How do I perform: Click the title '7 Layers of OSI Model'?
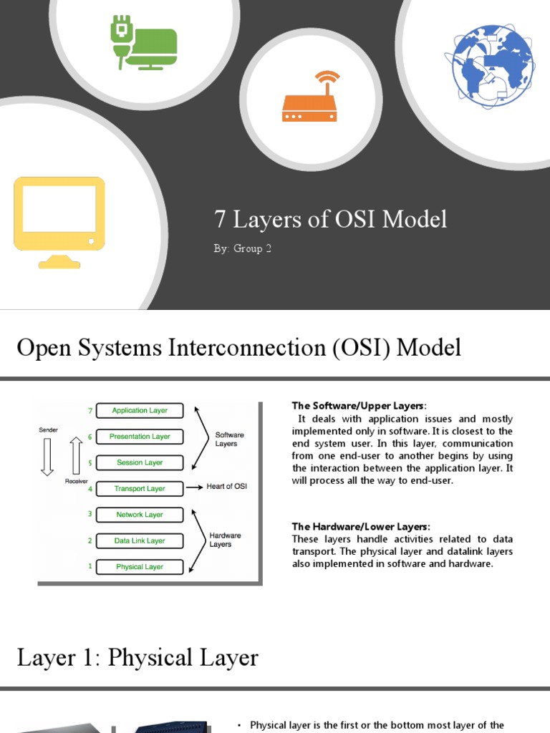pyautogui.click(x=331, y=219)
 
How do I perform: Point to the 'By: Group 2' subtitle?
pyautogui.click(x=243, y=249)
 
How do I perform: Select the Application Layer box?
pyautogui.click(x=140, y=411)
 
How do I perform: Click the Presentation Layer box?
pyautogui.click(x=140, y=437)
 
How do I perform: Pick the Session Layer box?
pyautogui.click(x=140, y=462)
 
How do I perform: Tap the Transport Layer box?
pyautogui.click(x=140, y=489)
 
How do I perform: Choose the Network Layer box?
pyautogui.click(x=140, y=515)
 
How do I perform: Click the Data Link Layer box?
pyautogui.click(x=140, y=541)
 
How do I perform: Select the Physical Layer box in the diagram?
pyautogui.click(x=140, y=567)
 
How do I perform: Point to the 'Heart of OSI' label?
pyautogui.click(x=226, y=487)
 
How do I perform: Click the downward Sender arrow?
pyautogui.click(x=47, y=457)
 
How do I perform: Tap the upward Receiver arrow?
pyautogui.click(x=76, y=457)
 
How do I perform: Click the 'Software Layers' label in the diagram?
pyautogui.click(x=229, y=439)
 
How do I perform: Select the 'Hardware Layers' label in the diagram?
pyautogui.click(x=225, y=540)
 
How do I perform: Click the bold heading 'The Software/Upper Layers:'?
pyautogui.click(x=360, y=406)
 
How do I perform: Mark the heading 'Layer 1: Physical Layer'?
pyautogui.click(x=137, y=658)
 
